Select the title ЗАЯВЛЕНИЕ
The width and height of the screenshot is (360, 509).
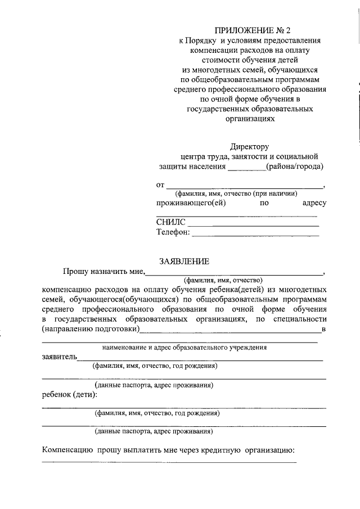(x=184, y=261)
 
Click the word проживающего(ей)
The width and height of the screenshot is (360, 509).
(x=191, y=203)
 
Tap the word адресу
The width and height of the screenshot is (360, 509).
(x=314, y=203)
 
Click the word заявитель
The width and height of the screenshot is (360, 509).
(x=60, y=357)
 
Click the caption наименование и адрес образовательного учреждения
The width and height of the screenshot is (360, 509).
(x=184, y=347)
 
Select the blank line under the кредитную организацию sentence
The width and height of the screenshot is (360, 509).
(x=169, y=462)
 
